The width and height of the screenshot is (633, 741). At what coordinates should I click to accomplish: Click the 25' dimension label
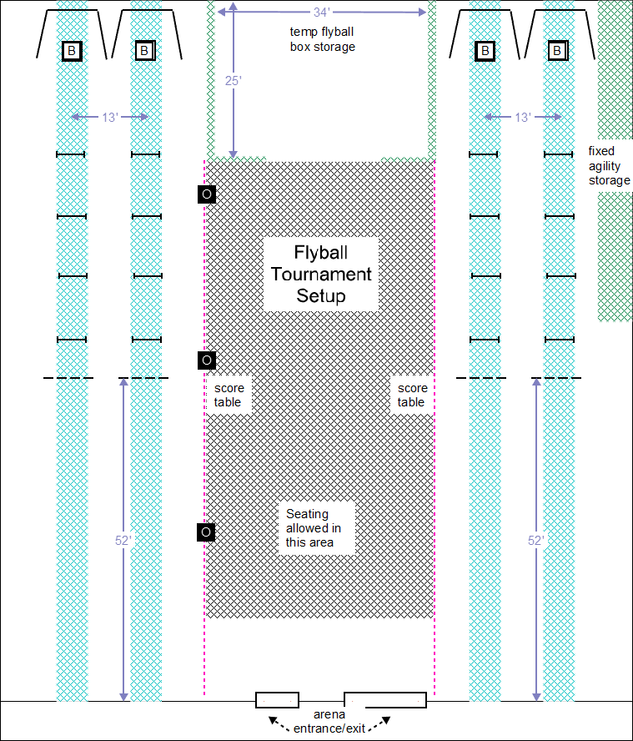(x=234, y=81)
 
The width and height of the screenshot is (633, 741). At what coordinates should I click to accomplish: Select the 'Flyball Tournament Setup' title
(x=321, y=274)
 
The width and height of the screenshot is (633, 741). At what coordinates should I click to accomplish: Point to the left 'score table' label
(x=228, y=395)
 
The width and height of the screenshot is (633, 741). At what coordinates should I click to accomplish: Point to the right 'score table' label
(x=412, y=395)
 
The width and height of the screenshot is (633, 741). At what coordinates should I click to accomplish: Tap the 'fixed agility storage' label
(x=610, y=165)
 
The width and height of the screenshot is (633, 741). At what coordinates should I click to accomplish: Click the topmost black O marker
(x=207, y=194)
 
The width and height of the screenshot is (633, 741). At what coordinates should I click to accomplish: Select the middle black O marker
(x=207, y=360)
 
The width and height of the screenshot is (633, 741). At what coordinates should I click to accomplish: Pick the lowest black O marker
(x=207, y=532)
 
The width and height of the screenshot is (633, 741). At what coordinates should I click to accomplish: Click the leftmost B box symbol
(x=72, y=52)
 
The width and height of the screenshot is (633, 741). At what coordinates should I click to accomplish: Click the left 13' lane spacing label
(x=110, y=117)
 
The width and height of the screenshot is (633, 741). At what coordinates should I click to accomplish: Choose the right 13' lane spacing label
(x=523, y=117)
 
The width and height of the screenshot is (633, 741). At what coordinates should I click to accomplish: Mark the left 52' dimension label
(x=123, y=540)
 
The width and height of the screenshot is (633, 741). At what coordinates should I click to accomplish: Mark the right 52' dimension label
(x=535, y=540)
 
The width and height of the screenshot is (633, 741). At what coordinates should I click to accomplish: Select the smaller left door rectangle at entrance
(x=277, y=699)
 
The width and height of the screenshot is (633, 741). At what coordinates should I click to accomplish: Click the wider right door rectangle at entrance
(x=385, y=699)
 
